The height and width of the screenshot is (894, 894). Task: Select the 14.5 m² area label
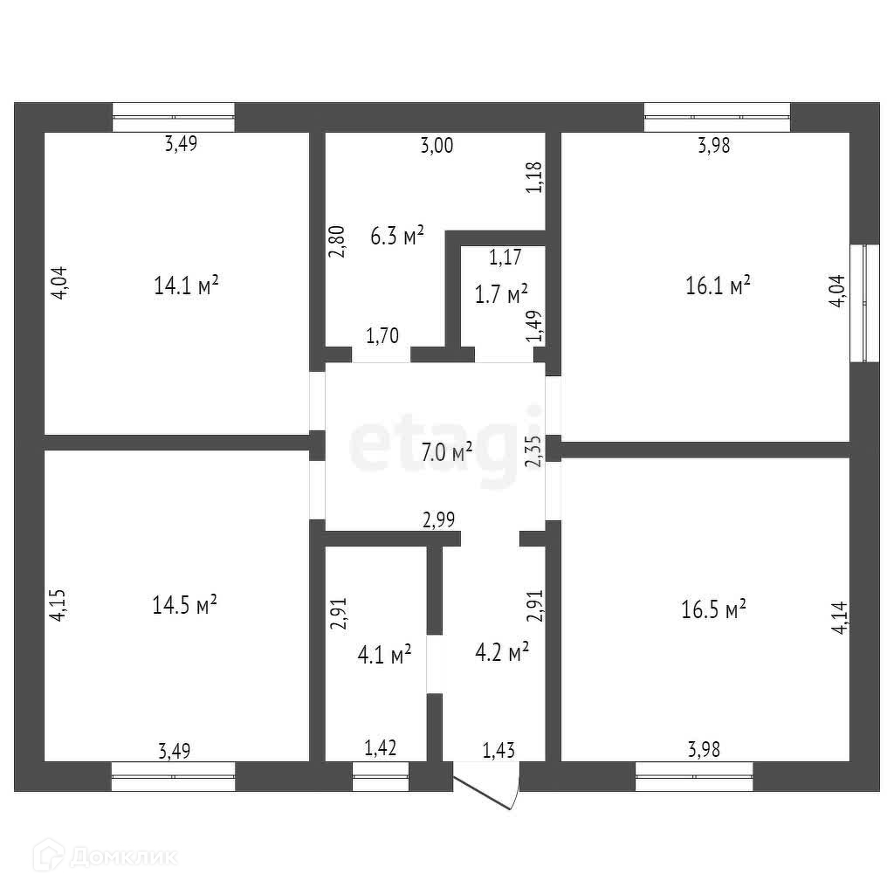184,605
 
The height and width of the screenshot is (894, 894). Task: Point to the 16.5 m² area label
713,609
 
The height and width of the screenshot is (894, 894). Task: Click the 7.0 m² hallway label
446,451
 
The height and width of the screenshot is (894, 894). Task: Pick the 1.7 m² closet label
501,293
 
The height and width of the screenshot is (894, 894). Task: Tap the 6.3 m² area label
397,236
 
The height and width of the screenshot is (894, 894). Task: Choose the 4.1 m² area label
384,654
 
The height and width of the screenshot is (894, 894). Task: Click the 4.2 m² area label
502,652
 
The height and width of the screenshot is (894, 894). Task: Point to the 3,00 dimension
437,147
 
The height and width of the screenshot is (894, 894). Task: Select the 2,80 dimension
337,241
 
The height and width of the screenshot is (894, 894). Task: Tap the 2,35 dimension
534,451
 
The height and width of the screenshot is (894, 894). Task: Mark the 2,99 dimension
439,520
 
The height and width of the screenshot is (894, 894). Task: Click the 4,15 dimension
57,604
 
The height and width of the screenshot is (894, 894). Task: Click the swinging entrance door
489,785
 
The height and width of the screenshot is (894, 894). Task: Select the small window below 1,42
381,775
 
